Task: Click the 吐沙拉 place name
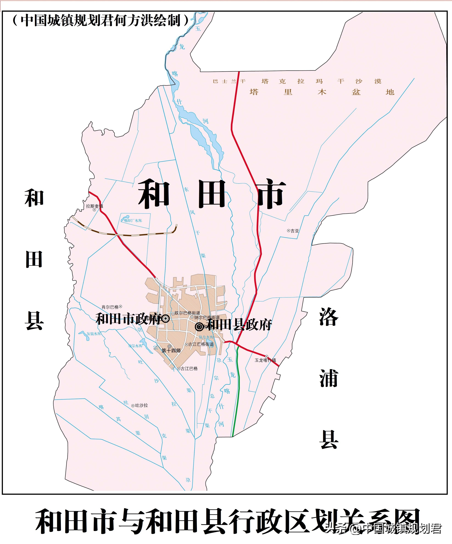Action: click(141, 405)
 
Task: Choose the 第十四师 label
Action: click(171, 351)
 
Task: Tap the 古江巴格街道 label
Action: click(201, 344)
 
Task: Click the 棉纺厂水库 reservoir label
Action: click(133, 220)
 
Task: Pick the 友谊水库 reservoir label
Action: click(94, 334)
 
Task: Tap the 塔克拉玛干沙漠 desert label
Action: click(320, 81)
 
